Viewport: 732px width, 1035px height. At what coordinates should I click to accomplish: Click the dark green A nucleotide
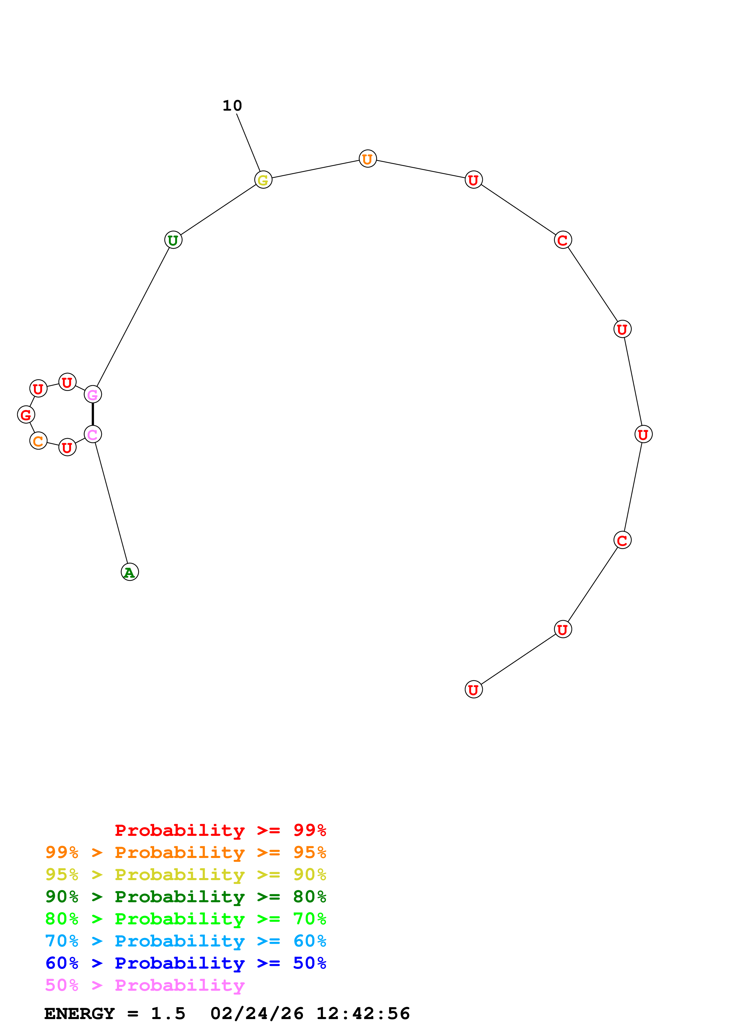[130, 572]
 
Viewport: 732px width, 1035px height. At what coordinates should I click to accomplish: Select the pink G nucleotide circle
[93, 394]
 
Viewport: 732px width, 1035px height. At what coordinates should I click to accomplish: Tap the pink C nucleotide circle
[93, 435]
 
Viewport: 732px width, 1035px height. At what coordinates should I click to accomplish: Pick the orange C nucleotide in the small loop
[38, 441]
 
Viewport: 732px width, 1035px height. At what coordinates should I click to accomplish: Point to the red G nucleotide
[26, 415]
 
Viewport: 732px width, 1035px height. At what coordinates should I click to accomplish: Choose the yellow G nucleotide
[263, 180]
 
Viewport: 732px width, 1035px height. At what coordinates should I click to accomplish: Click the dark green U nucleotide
[173, 240]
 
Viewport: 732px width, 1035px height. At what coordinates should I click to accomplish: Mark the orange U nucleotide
[368, 159]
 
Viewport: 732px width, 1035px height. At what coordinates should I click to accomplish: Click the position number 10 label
[232, 106]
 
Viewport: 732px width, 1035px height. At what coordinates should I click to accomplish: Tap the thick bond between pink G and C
[93, 414]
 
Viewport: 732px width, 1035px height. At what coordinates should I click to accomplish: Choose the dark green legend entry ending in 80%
[185, 897]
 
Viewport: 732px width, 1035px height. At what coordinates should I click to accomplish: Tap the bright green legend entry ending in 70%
[185, 919]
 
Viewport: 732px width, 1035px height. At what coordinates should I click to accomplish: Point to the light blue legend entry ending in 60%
[185, 941]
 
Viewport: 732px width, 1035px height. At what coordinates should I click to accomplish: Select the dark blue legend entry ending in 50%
[185, 963]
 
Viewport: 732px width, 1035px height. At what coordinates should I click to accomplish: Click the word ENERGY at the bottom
[79, 1013]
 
